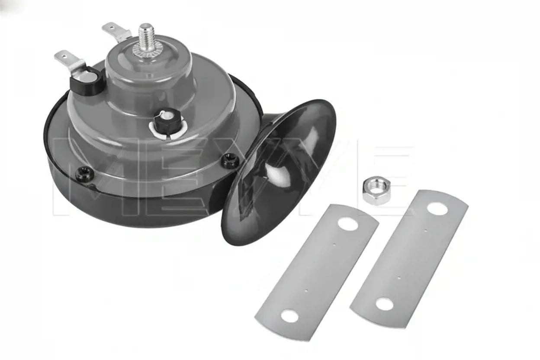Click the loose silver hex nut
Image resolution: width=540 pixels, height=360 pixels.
tap(376, 190)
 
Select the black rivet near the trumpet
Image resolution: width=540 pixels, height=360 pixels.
tap(230, 161)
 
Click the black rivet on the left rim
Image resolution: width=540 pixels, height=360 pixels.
tap(85, 174)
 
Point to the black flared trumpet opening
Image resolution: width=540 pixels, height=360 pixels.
tap(279, 172)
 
